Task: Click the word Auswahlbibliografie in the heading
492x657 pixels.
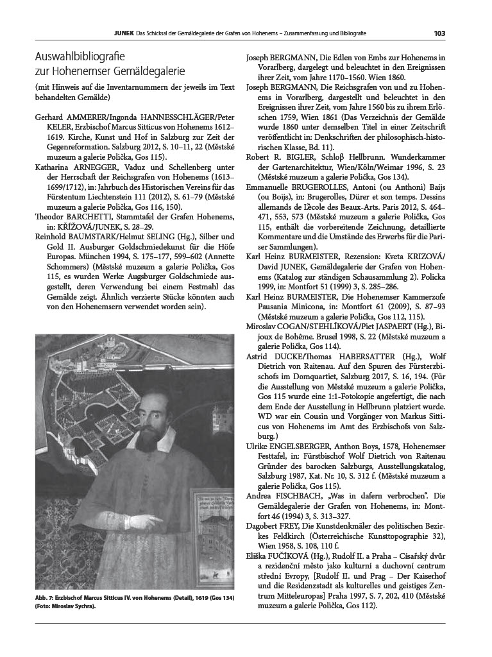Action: click(81, 56)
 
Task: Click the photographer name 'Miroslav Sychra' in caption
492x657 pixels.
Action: click(72, 607)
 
